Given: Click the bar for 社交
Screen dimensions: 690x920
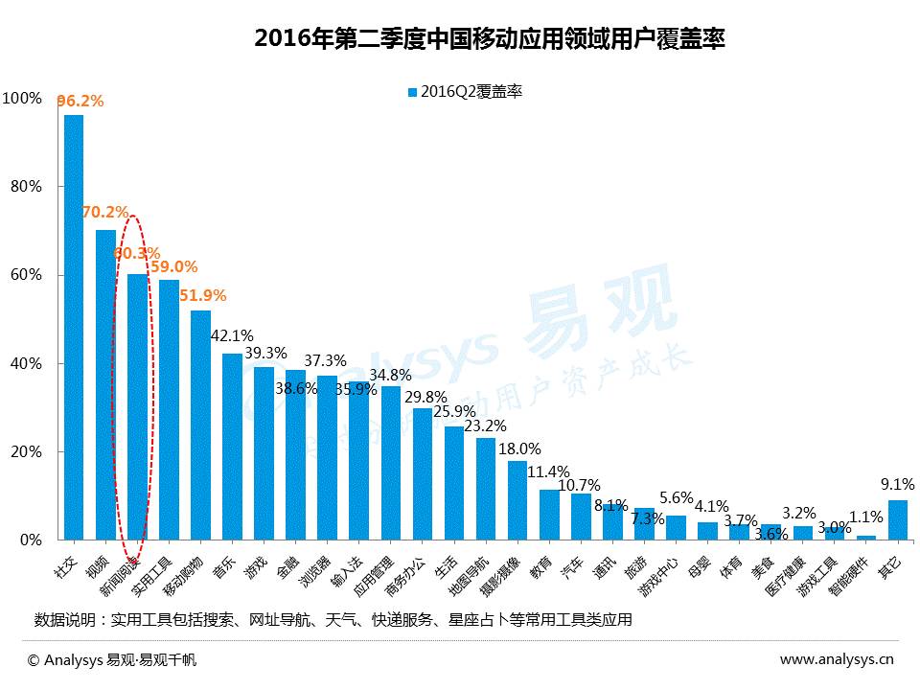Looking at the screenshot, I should click(x=74, y=326).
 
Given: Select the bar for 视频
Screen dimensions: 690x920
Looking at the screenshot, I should click(x=105, y=383).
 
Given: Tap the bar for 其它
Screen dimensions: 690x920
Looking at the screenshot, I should click(x=898, y=519).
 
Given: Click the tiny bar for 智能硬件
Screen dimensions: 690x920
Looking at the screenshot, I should click(x=866, y=538).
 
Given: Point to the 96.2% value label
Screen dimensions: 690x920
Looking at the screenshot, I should click(x=80, y=100).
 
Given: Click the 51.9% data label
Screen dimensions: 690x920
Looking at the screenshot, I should click(x=203, y=296).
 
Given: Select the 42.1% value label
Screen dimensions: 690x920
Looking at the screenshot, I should click(x=232, y=336).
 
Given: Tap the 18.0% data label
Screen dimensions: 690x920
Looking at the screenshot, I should click(x=520, y=448).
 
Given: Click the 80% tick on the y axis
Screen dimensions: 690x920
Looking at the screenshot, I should click(x=22, y=187).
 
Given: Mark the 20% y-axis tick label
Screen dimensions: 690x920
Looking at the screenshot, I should click(x=22, y=452).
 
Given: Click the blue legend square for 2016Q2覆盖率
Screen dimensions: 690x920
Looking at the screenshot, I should click(x=413, y=92).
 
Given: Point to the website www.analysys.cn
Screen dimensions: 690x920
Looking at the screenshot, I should click(x=836, y=659).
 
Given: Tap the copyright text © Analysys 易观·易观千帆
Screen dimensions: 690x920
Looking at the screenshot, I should click(x=112, y=659).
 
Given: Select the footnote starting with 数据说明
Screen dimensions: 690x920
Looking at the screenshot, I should click(x=333, y=619).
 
